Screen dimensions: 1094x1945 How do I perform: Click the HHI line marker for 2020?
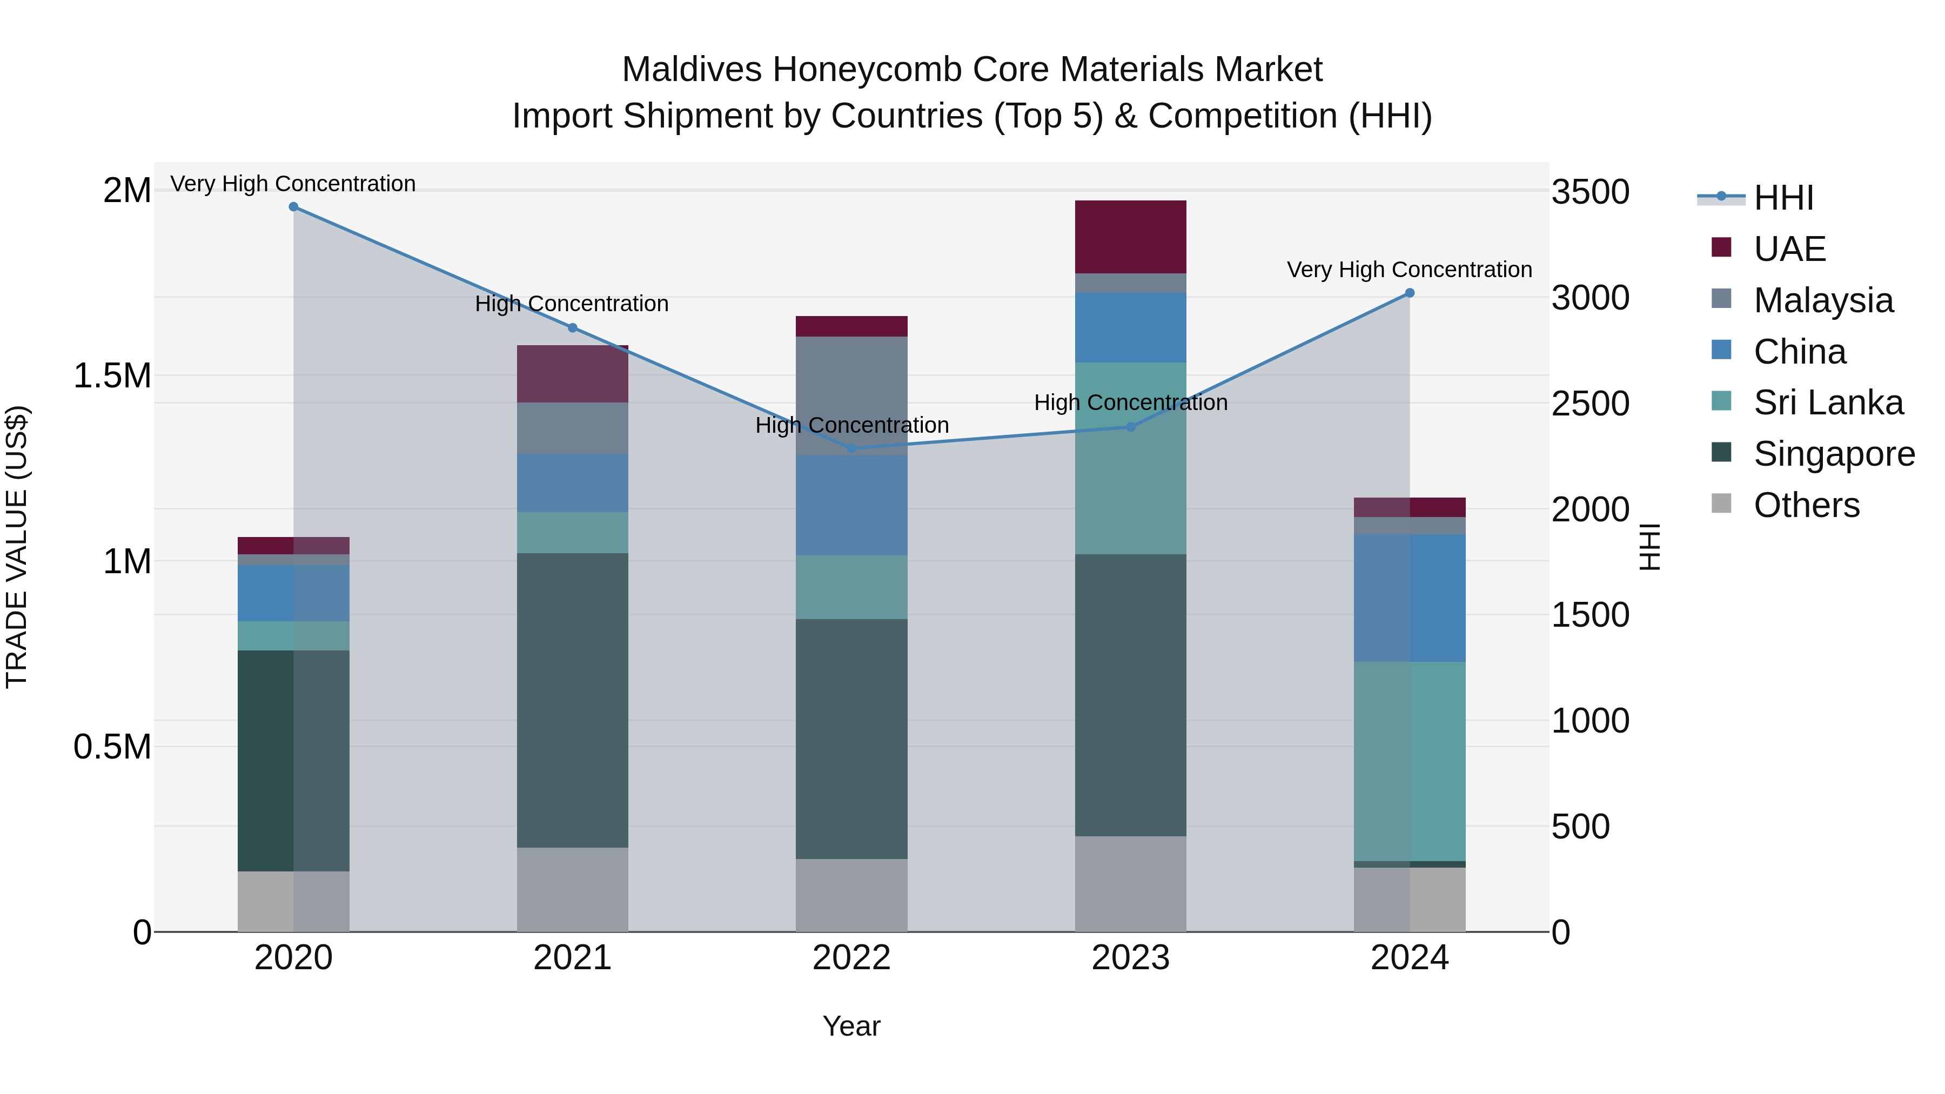coord(294,207)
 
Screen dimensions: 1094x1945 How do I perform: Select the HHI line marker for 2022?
coord(851,448)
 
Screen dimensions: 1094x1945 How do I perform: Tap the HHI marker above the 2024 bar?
coord(1410,293)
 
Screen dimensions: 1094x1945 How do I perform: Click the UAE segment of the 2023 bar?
coord(1130,237)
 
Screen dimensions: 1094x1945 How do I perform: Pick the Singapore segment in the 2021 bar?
coord(572,700)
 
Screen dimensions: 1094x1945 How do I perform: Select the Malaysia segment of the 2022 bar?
coord(851,395)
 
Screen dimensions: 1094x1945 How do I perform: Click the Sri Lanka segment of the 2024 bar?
coord(1410,761)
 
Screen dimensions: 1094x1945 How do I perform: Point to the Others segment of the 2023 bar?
coord(1130,883)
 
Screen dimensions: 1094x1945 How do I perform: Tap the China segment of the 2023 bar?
coord(1130,328)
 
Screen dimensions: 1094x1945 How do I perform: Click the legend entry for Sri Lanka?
coord(1828,402)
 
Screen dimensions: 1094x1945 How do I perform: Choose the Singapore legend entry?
coord(1834,454)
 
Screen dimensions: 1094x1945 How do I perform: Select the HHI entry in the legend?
coord(1783,198)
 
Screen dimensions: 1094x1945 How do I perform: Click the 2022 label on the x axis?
coord(851,958)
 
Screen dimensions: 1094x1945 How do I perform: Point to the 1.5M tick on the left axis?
coord(112,376)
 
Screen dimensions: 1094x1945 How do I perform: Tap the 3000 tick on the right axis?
coord(1590,298)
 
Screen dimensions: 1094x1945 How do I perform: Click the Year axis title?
coord(851,1026)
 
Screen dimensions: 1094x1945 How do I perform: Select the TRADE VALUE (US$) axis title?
coord(17,547)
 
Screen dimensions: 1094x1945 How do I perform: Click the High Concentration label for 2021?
coord(572,304)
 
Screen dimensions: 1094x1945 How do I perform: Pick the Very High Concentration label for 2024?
coord(1409,270)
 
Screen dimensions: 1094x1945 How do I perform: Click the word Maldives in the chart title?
coord(692,70)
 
